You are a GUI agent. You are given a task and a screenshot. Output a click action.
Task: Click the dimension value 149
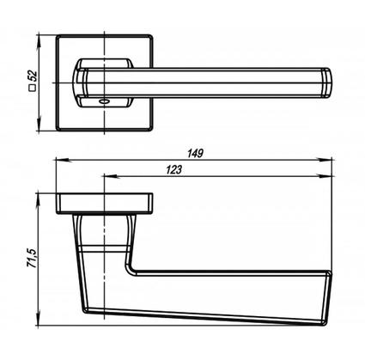(x=195, y=153)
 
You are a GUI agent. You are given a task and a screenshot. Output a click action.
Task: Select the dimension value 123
(x=173, y=170)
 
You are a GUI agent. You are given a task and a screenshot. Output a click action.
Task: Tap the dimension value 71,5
(x=32, y=259)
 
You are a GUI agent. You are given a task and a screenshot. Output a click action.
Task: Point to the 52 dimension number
(x=33, y=76)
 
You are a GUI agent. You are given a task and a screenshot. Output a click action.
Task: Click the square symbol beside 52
(x=33, y=88)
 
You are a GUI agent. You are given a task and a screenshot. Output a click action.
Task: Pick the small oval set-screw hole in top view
(x=102, y=101)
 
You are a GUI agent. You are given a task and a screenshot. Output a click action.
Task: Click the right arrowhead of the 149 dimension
(x=326, y=160)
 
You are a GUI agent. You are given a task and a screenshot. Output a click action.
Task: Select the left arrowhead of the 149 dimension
(x=64, y=160)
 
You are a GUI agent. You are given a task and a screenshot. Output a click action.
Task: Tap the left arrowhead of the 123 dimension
(x=112, y=176)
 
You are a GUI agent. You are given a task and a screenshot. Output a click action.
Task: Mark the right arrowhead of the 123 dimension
(x=326, y=176)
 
